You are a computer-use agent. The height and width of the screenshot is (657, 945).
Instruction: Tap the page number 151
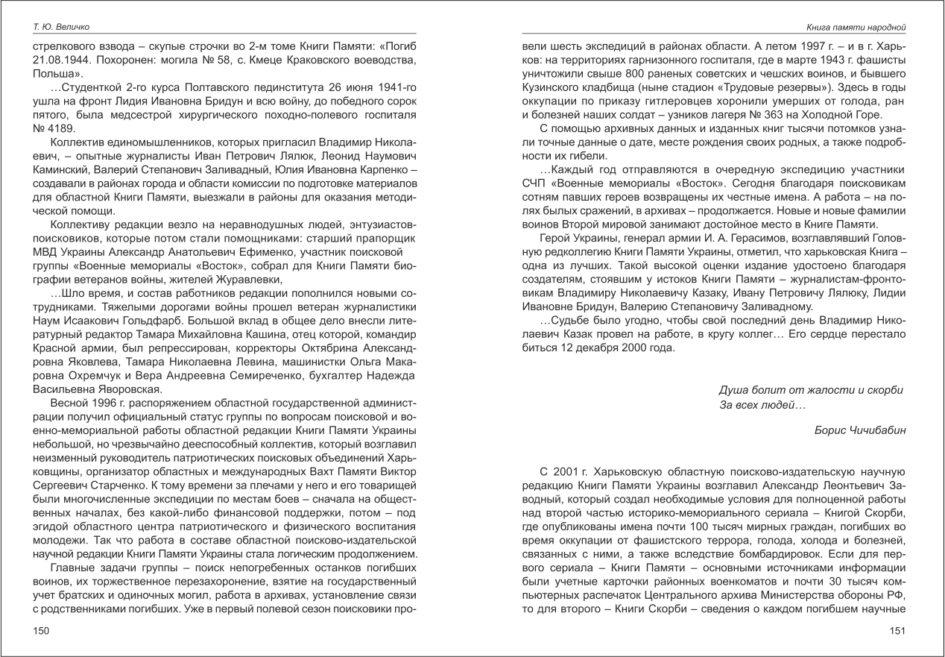897,632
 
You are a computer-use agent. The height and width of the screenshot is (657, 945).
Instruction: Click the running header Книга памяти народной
856,28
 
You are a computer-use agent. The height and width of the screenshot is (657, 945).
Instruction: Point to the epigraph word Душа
733,389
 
